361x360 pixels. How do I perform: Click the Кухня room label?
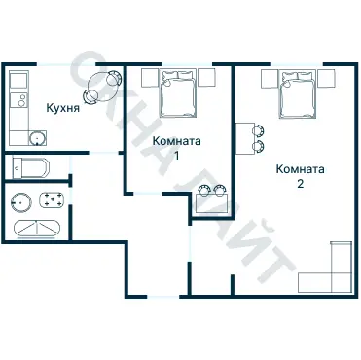[x=63, y=108]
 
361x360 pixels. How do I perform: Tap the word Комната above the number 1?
[x=177, y=141]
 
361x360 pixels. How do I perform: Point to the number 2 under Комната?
[x=300, y=184]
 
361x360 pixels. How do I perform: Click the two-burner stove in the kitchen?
[x=19, y=99]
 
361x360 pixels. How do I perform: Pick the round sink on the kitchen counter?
[x=37, y=138]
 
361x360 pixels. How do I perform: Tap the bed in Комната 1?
[x=178, y=92]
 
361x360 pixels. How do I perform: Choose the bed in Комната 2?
[x=298, y=93]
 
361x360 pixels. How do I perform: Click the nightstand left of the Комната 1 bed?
[x=150, y=78]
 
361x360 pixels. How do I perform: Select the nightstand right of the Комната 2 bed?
[x=326, y=79]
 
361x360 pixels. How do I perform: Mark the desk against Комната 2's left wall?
[x=245, y=138]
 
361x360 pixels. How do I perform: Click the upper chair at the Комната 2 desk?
[x=258, y=130]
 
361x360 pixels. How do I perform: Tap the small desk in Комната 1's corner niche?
[x=212, y=203]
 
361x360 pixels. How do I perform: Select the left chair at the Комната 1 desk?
[x=204, y=190]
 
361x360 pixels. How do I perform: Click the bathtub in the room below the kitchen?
[x=30, y=167]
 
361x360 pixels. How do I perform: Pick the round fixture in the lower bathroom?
[x=20, y=202]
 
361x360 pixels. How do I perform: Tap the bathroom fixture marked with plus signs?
[x=52, y=199]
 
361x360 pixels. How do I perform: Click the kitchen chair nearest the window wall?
[x=114, y=78]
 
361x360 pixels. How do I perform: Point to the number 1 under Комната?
[x=177, y=157]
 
